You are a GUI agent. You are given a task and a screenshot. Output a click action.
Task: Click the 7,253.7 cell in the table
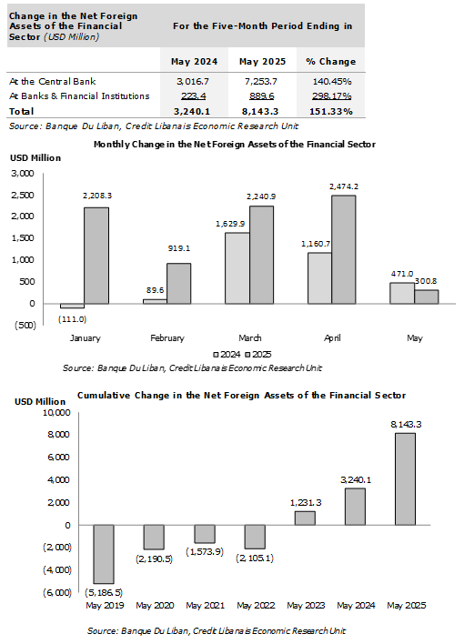[260, 81]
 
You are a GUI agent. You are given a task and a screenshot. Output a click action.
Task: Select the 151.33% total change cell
[331, 111]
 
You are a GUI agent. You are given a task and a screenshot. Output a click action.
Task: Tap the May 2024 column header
[194, 62]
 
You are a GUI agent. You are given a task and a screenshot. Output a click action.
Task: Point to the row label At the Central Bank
[53, 81]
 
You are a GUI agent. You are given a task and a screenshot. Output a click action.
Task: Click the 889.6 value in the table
[261, 96]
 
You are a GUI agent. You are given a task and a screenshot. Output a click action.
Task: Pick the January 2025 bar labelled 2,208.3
[96, 256]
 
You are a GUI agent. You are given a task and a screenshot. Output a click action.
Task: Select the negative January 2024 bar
[73, 306]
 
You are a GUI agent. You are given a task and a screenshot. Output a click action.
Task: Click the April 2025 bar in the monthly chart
[344, 250]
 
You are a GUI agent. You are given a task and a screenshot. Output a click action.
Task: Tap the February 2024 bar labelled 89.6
[155, 301]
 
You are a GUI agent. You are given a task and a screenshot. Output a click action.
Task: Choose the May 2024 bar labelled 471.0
[402, 293]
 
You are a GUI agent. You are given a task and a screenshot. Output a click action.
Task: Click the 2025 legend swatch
[247, 355]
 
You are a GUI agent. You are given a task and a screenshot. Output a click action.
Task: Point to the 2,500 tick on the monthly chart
[23, 195]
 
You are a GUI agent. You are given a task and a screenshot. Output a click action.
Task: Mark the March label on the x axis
[250, 338]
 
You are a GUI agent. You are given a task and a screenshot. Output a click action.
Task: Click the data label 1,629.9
[230, 224]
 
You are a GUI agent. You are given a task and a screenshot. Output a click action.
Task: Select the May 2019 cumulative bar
[104, 554]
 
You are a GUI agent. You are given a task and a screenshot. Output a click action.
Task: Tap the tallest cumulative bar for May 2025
[405, 478]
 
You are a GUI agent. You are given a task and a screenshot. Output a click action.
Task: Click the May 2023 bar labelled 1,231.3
[305, 518]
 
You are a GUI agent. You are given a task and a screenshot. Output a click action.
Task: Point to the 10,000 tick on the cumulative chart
[56, 412]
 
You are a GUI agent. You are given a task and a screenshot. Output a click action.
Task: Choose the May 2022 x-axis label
[256, 606]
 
